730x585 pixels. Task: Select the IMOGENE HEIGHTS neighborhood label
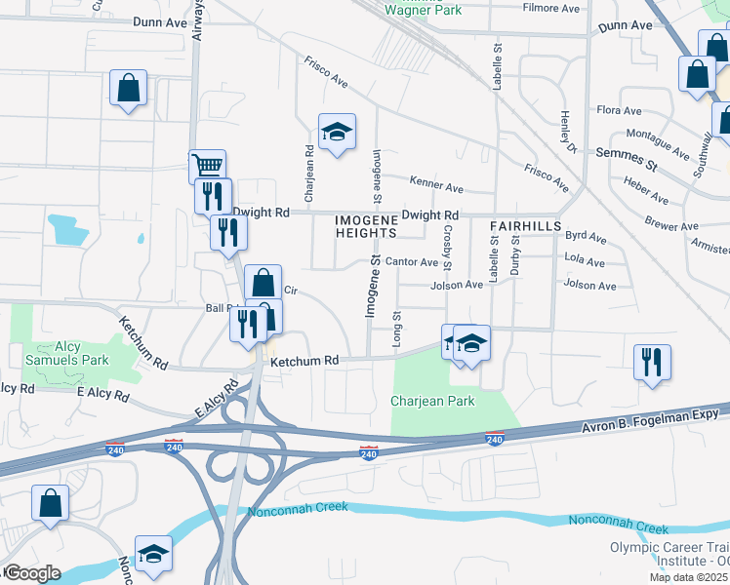366,226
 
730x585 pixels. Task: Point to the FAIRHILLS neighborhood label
525,225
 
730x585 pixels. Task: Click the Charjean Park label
432,401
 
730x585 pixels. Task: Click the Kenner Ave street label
438,186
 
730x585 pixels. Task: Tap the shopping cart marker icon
207,165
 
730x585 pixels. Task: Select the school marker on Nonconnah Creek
153,554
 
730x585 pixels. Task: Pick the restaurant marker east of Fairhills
652,361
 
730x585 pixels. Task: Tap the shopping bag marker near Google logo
50,504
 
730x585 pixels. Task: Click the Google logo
32,572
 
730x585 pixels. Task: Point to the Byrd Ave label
586,236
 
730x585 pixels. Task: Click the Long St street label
396,330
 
